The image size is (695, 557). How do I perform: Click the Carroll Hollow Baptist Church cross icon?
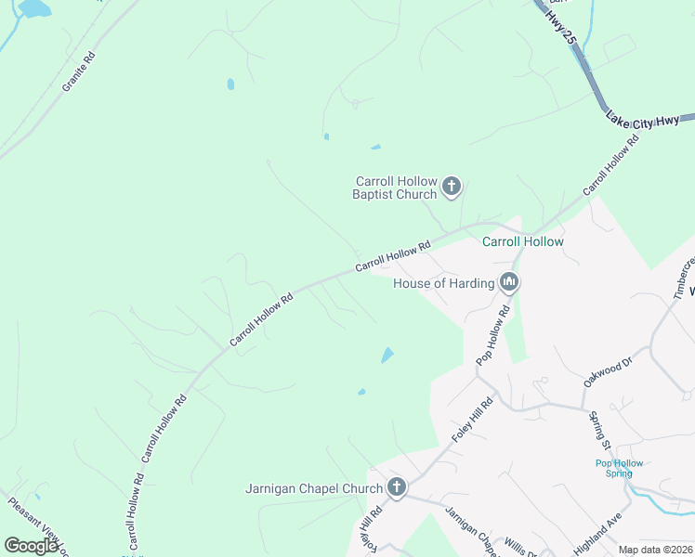pyautogui.click(x=451, y=187)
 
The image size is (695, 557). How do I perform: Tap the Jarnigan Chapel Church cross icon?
pyautogui.click(x=397, y=487)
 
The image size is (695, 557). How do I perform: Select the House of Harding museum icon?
pyautogui.click(x=508, y=282)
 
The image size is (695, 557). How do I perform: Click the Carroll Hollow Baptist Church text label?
pyautogui.click(x=395, y=188)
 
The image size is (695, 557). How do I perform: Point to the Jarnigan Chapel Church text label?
pyautogui.click(x=314, y=488)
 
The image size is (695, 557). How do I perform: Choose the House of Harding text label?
pyautogui.click(x=443, y=283)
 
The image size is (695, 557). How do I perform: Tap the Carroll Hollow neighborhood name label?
pyautogui.click(x=522, y=241)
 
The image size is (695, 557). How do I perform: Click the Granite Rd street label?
pyautogui.click(x=79, y=71)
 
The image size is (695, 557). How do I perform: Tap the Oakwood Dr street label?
pyautogui.click(x=608, y=369)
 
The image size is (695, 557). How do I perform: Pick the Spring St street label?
pyautogui.click(x=597, y=429)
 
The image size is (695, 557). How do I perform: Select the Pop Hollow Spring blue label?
pyautogui.click(x=619, y=468)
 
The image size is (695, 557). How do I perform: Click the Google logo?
pyautogui.click(x=32, y=546)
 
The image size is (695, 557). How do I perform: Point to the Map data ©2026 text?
pyautogui.click(x=655, y=550)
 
